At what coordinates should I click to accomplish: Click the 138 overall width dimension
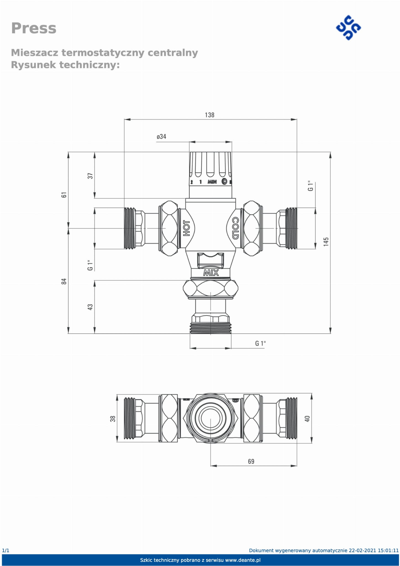[x=210, y=115]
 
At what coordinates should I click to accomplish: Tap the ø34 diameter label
[x=161, y=137]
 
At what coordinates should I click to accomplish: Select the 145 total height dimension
[x=326, y=241]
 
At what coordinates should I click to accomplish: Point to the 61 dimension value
[x=64, y=195]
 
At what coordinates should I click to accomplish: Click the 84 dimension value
[x=64, y=281]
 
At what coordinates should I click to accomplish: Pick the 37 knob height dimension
[x=90, y=176]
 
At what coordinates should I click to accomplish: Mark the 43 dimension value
[x=90, y=307]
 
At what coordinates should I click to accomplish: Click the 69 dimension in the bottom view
[x=251, y=461]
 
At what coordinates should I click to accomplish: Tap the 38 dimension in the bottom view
[x=113, y=419]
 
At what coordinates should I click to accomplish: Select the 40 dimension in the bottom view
[x=307, y=419]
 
